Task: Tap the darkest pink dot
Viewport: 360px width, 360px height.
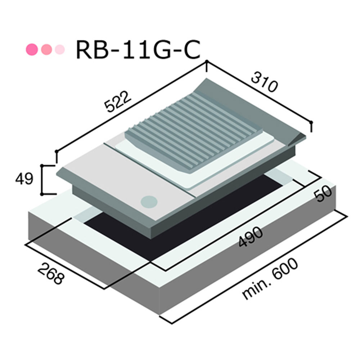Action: click(32, 49)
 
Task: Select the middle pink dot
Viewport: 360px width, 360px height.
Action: click(47, 49)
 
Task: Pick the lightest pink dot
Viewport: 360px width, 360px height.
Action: click(59, 49)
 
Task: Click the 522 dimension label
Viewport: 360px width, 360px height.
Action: click(116, 102)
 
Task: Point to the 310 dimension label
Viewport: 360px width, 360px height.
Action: click(265, 83)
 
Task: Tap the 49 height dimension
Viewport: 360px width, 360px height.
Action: click(24, 179)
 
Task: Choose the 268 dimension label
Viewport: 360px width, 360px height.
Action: click(50, 273)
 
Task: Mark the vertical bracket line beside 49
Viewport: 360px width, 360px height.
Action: click(42, 179)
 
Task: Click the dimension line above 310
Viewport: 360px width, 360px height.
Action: click(259, 93)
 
